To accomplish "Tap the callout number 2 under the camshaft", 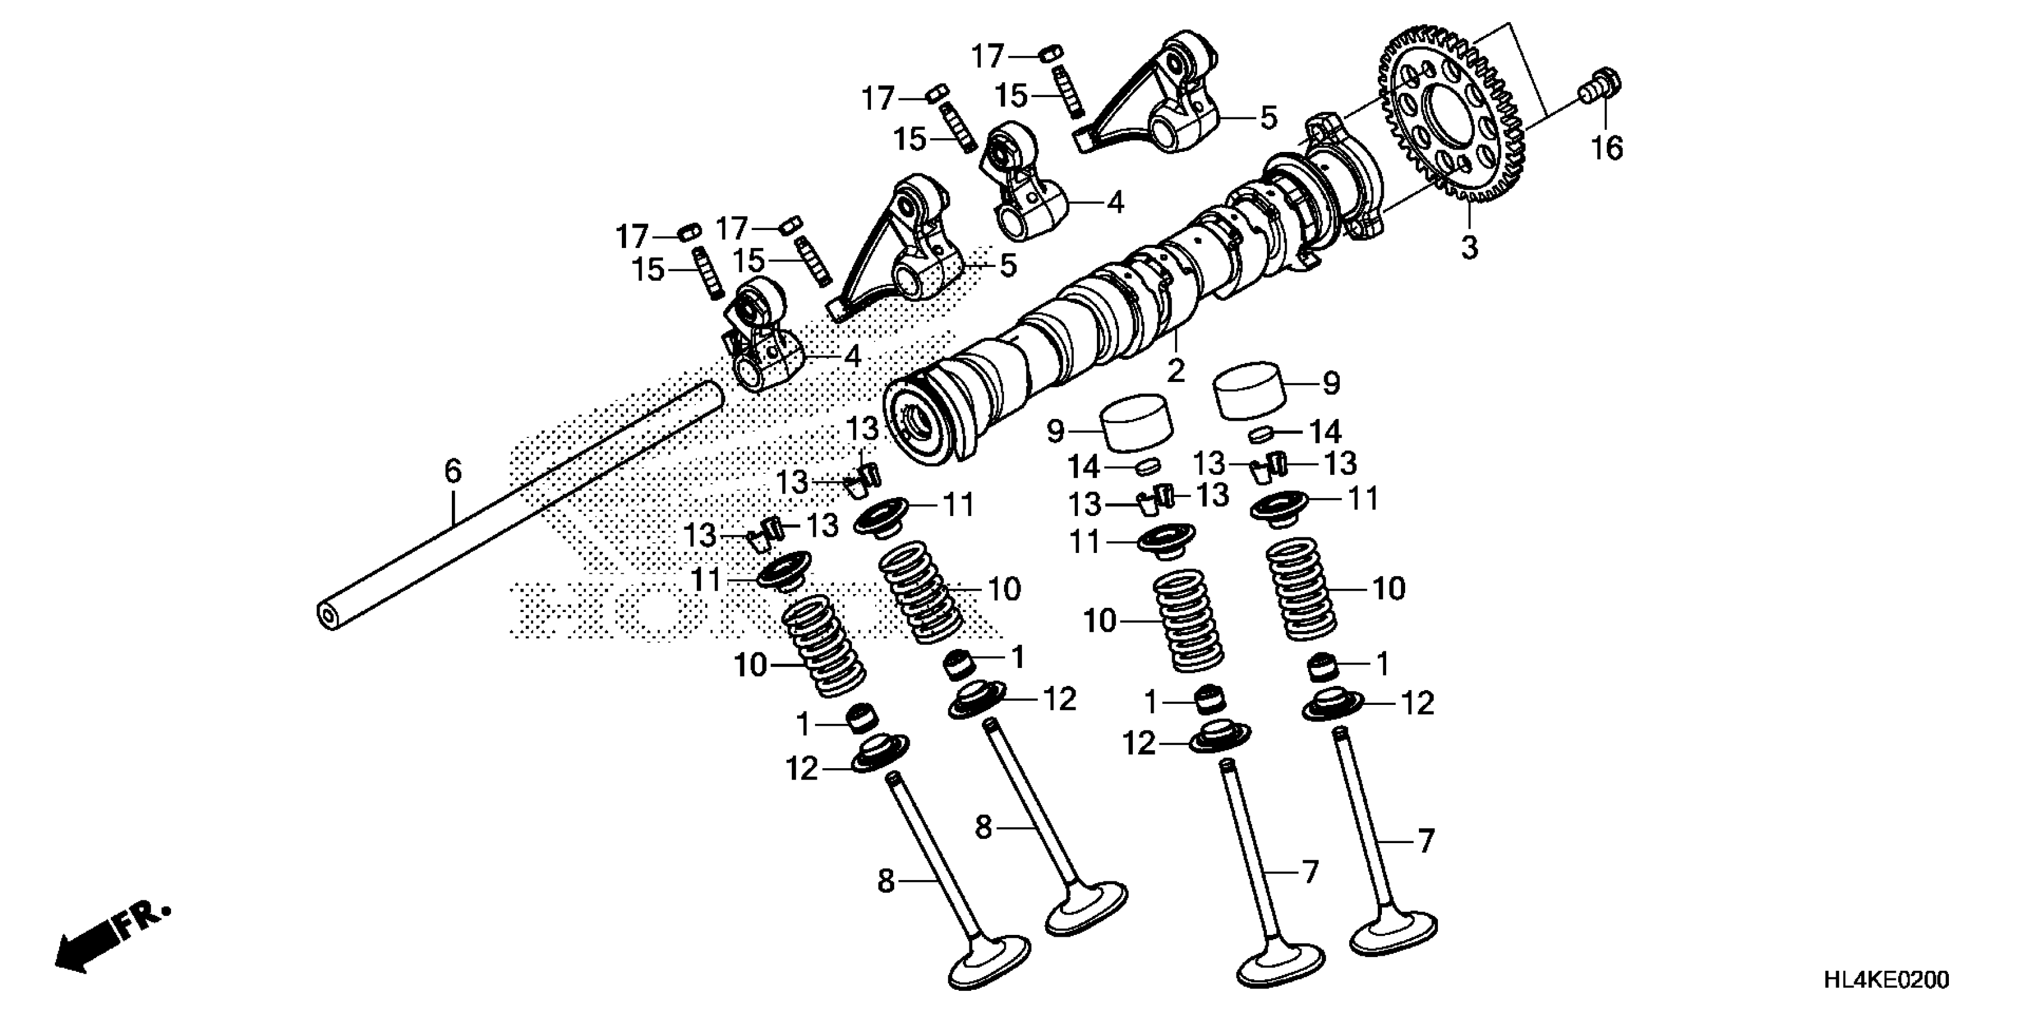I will click(x=1176, y=371).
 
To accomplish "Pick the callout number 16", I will click(x=1607, y=147).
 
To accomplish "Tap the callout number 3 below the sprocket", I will click(x=1469, y=247).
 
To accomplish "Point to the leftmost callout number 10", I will click(x=751, y=666).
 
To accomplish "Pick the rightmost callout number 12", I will click(x=1417, y=704).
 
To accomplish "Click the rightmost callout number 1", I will click(x=1383, y=664).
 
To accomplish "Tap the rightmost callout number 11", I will click(x=1363, y=499).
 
